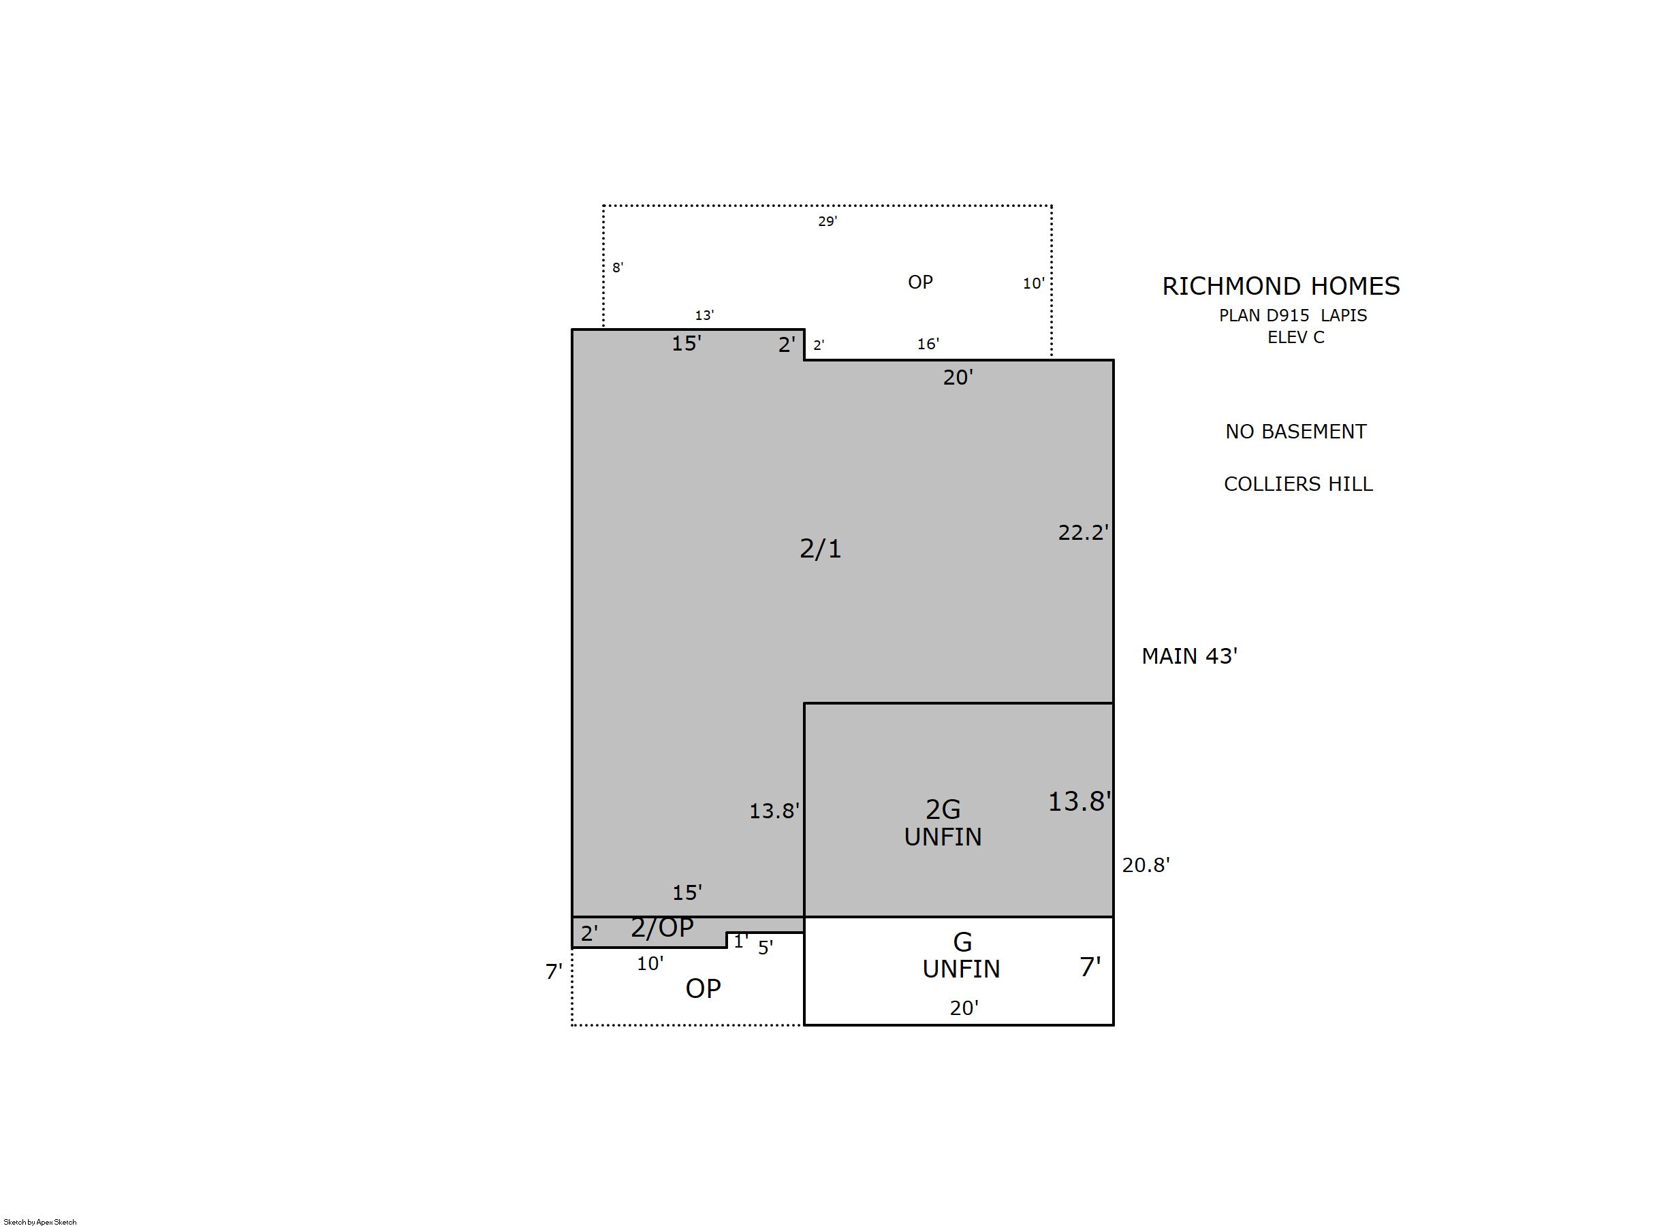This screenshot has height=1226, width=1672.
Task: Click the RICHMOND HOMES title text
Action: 1280,286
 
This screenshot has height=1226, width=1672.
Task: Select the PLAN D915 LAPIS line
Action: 1293,315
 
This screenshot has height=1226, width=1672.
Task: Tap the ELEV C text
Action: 1295,337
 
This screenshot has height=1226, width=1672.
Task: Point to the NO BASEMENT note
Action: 1295,431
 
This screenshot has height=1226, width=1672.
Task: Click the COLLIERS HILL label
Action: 1298,484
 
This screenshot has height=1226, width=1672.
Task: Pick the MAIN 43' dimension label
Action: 1189,656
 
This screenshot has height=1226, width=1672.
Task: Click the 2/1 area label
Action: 821,549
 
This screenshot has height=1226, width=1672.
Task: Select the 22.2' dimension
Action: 1084,532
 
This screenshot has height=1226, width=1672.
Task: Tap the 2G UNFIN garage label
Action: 943,822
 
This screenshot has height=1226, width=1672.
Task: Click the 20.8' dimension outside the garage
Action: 1146,865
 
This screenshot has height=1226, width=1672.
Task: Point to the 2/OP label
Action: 661,928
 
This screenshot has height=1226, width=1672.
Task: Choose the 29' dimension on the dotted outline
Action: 827,221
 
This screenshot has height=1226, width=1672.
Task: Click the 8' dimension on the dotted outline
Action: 618,267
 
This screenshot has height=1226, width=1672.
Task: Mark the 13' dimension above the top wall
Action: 704,315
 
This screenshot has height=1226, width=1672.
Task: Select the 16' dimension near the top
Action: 928,344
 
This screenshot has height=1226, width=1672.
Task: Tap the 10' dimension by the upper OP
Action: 1033,283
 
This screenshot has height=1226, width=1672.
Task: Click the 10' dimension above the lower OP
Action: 650,963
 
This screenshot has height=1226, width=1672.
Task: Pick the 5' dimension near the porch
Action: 766,948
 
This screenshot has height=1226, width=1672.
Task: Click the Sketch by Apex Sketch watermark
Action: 40,1221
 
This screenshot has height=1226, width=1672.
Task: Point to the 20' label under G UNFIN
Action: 964,1007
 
